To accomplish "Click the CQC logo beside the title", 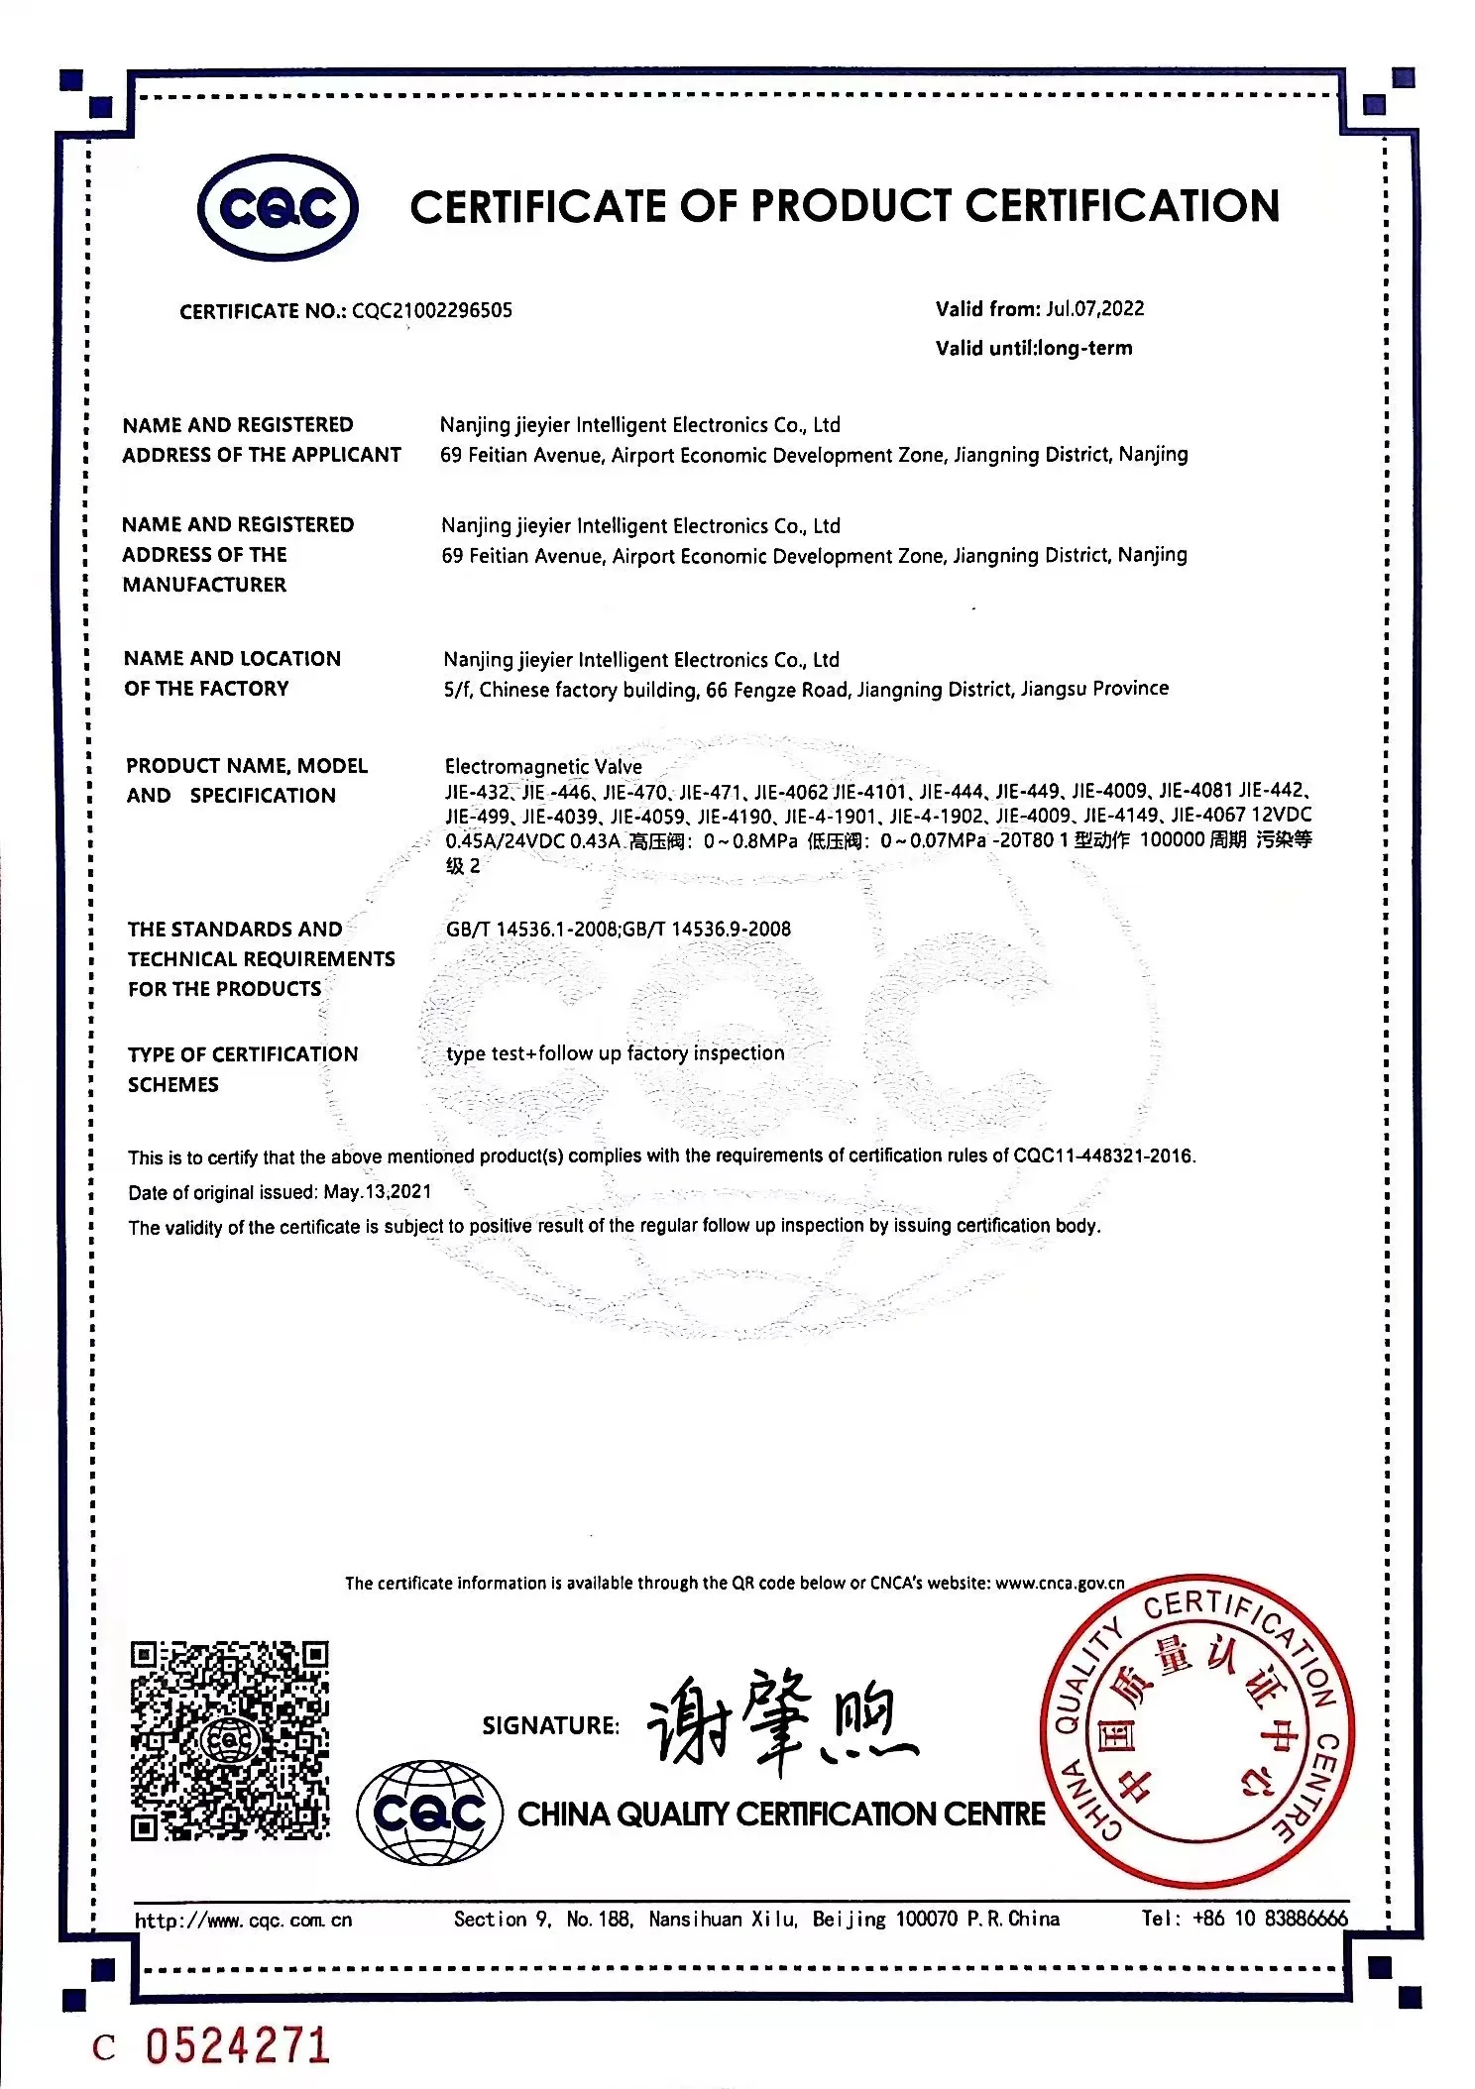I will coord(278,208).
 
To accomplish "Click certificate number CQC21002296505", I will coord(432,311).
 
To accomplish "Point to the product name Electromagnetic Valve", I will coord(543,767).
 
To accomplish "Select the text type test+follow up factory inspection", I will coord(615,1053).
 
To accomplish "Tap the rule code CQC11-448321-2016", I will coord(1103,1156).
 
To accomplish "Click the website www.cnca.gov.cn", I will coord(1060,1584).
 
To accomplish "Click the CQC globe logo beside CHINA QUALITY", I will coord(429,1813).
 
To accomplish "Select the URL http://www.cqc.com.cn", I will coord(244,1921).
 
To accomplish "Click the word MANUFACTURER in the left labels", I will coord(204,585).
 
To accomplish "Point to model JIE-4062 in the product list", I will coord(790,792).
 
